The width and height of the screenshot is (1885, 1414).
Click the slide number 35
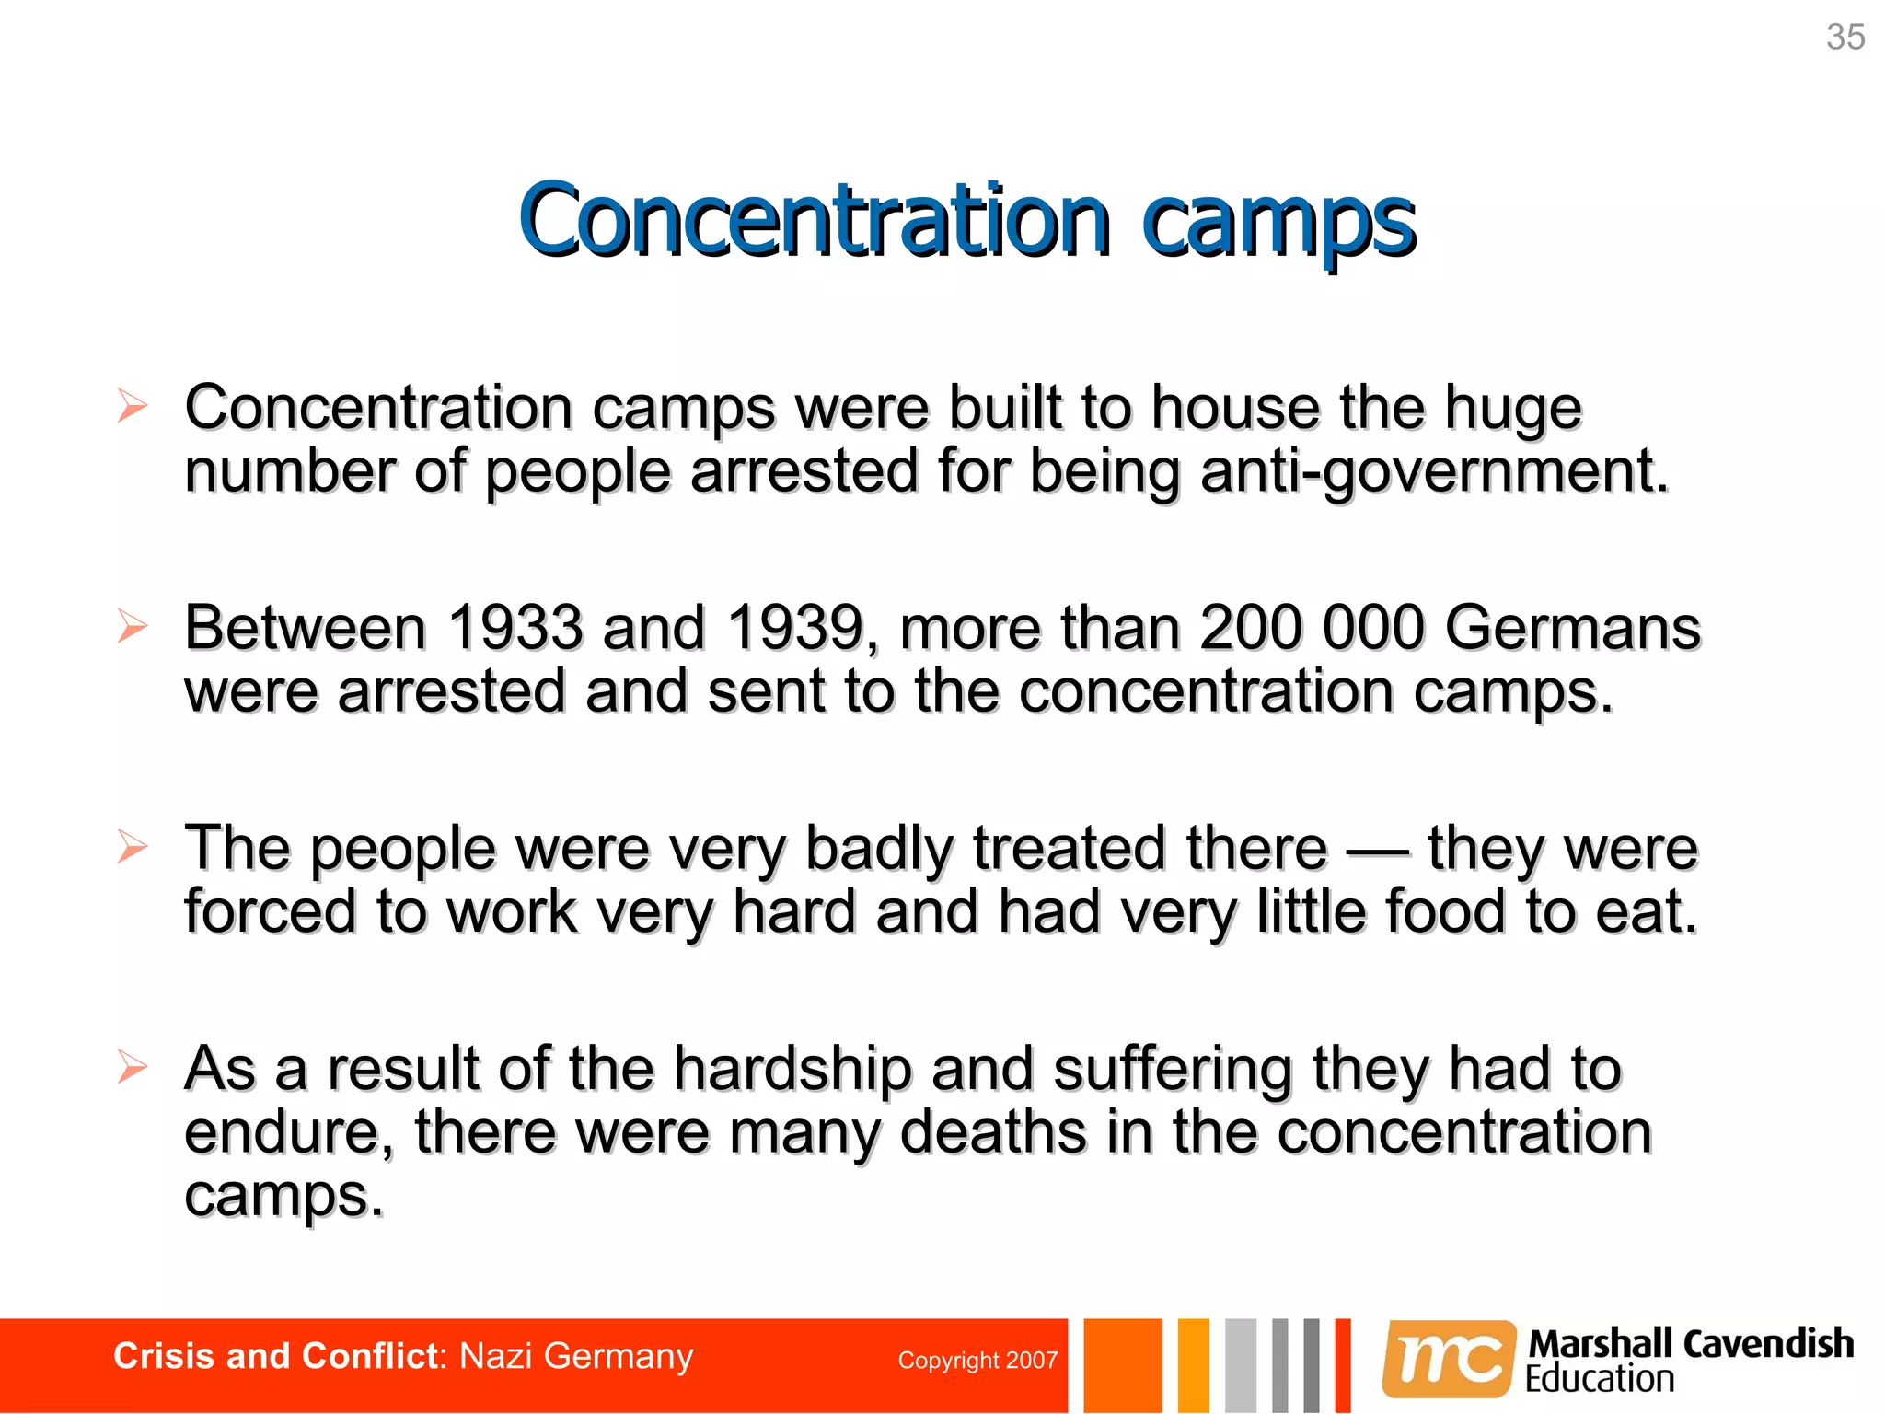click(x=1845, y=38)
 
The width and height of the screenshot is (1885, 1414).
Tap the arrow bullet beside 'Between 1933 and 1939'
click(x=133, y=627)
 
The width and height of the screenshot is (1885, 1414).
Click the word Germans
click(x=1572, y=629)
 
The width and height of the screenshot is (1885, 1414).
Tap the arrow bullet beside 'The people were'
click(x=133, y=847)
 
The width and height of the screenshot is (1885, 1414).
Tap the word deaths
click(x=993, y=1132)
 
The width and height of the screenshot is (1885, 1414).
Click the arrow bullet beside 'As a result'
click(x=133, y=1068)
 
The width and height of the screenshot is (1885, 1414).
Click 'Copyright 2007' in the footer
click(x=977, y=1361)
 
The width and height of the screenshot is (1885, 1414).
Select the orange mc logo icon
click(x=1448, y=1359)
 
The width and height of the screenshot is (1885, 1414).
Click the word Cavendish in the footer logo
click(x=1768, y=1344)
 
